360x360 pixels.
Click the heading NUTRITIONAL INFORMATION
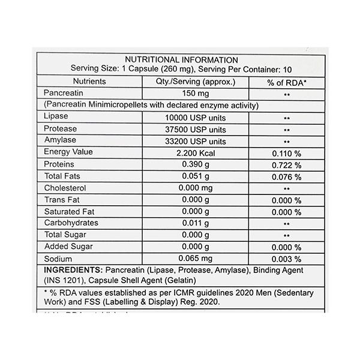(181, 59)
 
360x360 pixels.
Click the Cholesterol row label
(65, 188)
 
